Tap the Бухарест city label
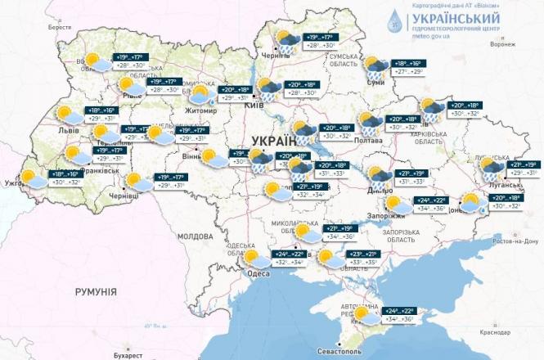pyautogui.click(x=128, y=356)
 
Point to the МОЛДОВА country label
pyautogui.click(x=195, y=236)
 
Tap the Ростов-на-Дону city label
pyautogui.click(x=515, y=241)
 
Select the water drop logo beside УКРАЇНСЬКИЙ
pyautogui.click(x=395, y=20)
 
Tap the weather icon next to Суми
pyautogui.click(x=375, y=66)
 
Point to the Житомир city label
pyautogui.click(x=202, y=107)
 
